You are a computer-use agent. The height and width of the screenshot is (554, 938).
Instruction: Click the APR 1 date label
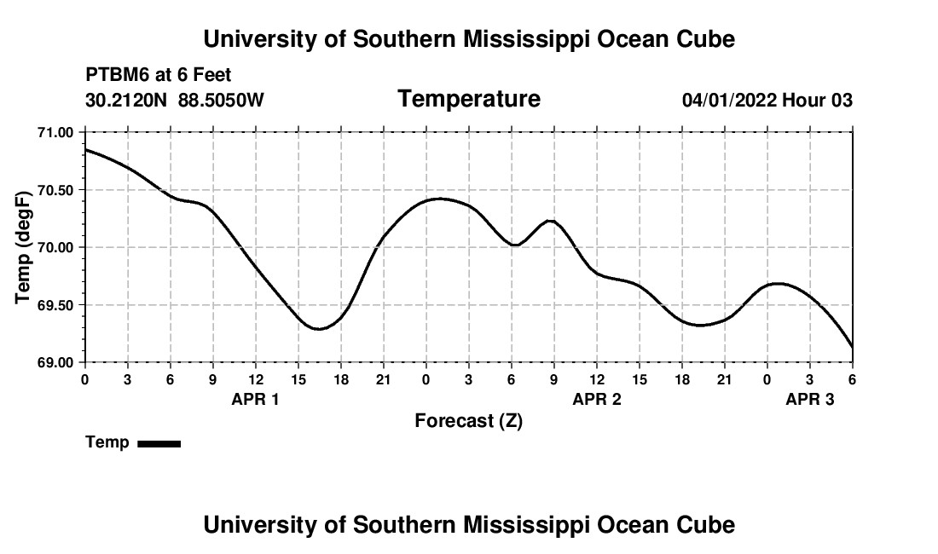[x=255, y=399]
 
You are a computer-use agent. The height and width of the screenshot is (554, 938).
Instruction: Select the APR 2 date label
[x=597, y=399]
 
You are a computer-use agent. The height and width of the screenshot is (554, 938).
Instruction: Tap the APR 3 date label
[x=809, y=399]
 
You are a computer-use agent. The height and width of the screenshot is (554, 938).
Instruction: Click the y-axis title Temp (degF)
[x=25, y=247]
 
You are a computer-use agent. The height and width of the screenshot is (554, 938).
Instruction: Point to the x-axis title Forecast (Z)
[x=468, y=421]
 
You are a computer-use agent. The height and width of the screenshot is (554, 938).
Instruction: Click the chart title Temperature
[x=469, y=99]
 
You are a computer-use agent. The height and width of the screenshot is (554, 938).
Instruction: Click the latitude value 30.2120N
[x=127, y=101]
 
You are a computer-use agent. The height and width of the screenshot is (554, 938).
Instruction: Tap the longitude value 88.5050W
[x=221, y=101]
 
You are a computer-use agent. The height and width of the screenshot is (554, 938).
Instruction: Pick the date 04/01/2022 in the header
[x=729, y=101]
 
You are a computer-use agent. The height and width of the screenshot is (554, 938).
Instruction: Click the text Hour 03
[x=818, y=101]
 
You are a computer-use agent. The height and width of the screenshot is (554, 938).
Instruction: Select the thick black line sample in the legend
[x=159, y=443]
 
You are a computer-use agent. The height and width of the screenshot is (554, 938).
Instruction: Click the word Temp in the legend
[x=107, y=443]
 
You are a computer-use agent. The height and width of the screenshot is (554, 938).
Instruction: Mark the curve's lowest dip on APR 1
[x=318, y=328]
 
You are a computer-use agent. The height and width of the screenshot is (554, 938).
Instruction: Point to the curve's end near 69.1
[x=852, y=347]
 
